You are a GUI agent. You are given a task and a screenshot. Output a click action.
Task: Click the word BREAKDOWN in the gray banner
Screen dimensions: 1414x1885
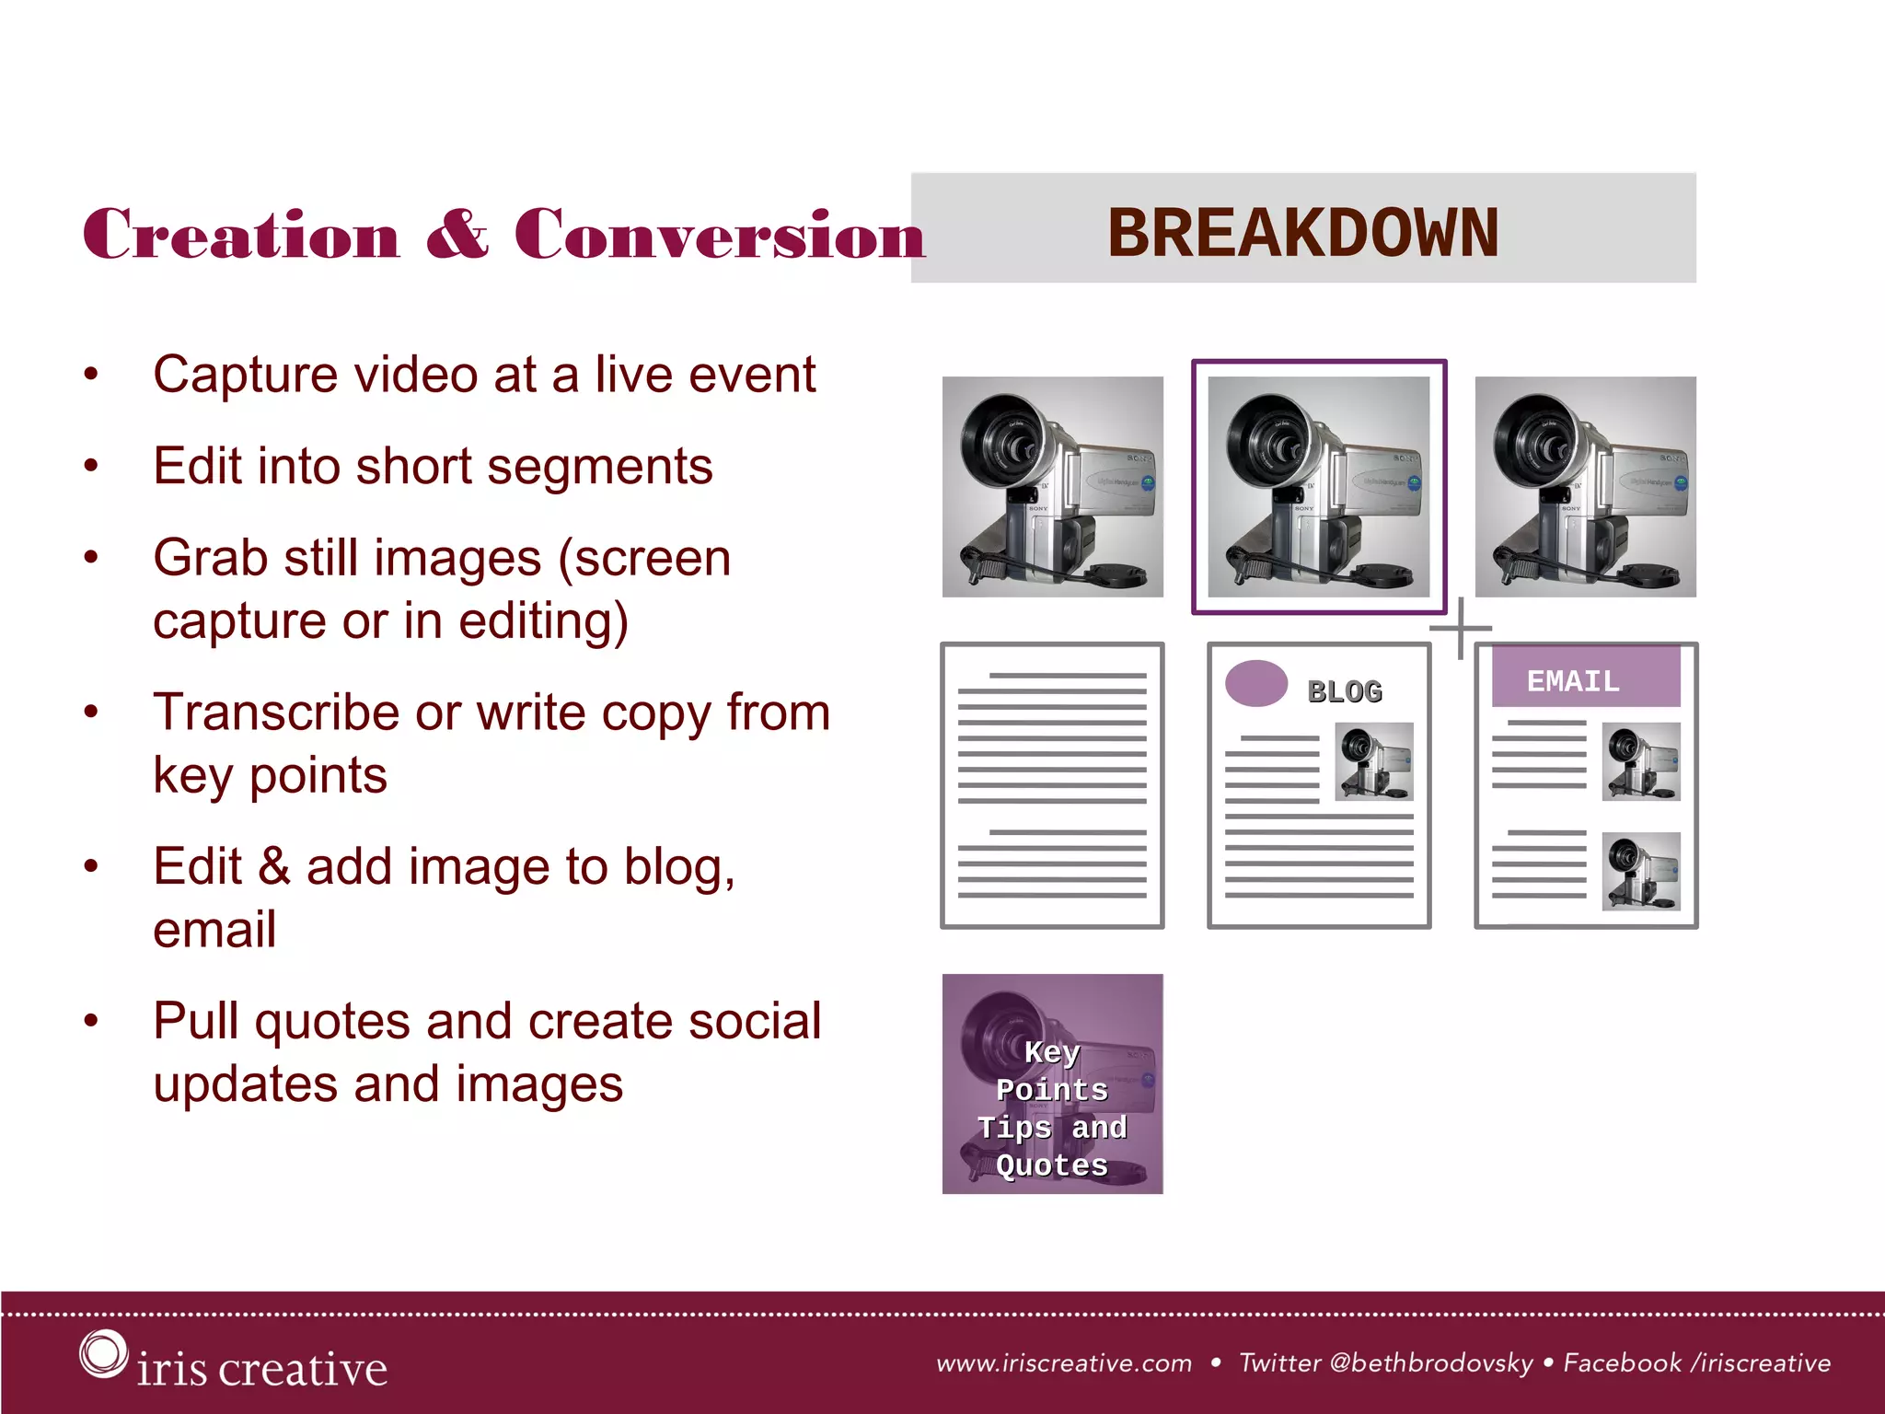[1302, 233]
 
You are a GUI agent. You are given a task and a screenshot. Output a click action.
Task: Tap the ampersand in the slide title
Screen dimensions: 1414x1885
[457, 235]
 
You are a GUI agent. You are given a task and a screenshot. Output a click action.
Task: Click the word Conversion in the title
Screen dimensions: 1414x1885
[719, 235]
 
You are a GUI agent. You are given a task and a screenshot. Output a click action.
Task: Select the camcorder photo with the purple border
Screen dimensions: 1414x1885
[1318, 486]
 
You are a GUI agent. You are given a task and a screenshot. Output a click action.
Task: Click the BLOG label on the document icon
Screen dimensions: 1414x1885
[1345, 692]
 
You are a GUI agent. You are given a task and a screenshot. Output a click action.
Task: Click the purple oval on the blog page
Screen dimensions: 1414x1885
[1255, 684]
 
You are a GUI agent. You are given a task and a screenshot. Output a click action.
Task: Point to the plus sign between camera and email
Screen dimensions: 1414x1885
[1461, 629]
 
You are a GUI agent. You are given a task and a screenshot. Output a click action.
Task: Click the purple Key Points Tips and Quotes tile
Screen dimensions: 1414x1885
[1052, 1084]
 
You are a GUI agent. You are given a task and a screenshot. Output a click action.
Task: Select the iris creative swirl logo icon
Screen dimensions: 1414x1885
[102, 1354]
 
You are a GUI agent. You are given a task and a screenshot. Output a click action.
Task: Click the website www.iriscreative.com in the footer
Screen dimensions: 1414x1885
[1064, 1363]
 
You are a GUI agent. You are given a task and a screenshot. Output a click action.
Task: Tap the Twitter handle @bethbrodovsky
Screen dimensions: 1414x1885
[1431, 1363]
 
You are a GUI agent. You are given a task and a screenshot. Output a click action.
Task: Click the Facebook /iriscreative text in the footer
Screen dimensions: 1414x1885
[1696, 1363]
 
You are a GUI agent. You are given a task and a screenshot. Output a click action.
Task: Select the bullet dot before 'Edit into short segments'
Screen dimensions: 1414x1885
[90, 466]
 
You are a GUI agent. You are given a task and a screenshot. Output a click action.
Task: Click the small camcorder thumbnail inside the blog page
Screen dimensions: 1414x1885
[1374, 761]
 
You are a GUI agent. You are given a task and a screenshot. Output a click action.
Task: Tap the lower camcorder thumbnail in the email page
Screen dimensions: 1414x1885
[1640, 872]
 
